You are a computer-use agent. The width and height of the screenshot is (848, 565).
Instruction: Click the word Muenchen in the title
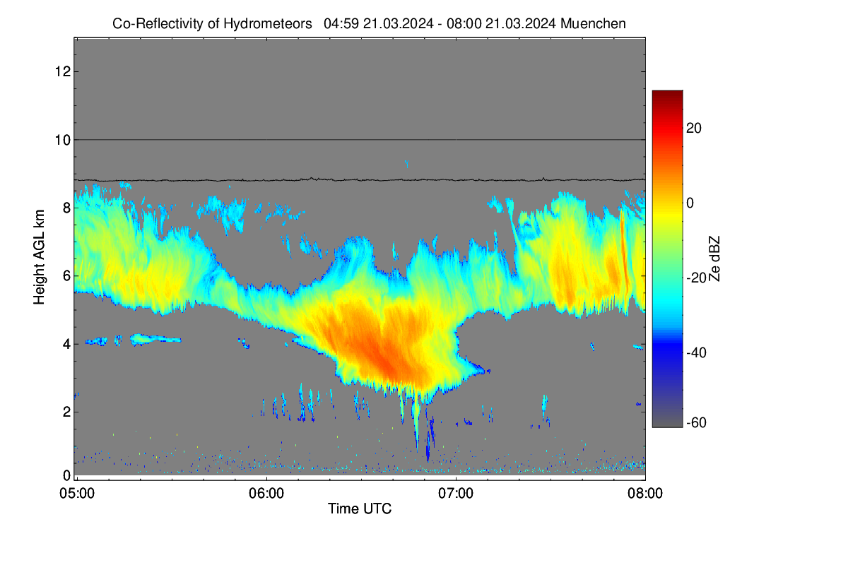click(x=593, y=24)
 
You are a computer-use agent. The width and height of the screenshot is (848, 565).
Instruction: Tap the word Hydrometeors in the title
click(x=268, y=24)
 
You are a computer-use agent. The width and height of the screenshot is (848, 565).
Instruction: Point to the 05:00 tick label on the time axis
click(x=77, y=494)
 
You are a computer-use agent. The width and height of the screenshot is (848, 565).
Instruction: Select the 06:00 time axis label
click(x=266, y=494)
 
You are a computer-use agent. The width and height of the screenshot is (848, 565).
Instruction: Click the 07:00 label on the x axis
click(x=456, y=494)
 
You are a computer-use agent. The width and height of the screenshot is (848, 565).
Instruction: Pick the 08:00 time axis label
click(x=645, y=494)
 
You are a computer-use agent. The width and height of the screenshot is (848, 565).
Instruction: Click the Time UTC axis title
click(x=360, y=509)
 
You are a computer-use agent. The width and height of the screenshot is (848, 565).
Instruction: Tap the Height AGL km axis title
click(x=39, y=257)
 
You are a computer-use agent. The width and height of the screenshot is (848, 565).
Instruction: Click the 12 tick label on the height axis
click(x=63, y=71)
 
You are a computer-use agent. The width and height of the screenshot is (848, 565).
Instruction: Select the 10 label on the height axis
click(x=63, y=140)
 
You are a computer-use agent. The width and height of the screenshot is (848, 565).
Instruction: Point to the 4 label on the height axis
click(x=66, y=345)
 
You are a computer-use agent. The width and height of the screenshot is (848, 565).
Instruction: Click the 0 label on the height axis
click(x=66, y=475)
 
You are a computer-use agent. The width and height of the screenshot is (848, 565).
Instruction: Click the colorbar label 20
click(x=694, y=129)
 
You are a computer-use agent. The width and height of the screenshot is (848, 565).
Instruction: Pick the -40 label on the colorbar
click(x=697, y=352)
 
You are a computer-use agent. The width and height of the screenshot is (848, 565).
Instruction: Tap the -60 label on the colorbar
click(x=697, y=423)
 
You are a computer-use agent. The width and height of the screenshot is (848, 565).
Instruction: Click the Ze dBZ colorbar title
click(x=714, y=258)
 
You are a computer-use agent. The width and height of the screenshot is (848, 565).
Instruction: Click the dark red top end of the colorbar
click(x=667, y=93)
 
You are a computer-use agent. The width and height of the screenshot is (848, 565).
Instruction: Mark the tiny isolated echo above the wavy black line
click(x=406, y=164)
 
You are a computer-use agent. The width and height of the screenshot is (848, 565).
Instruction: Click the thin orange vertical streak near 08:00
click(x=623, y=251)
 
